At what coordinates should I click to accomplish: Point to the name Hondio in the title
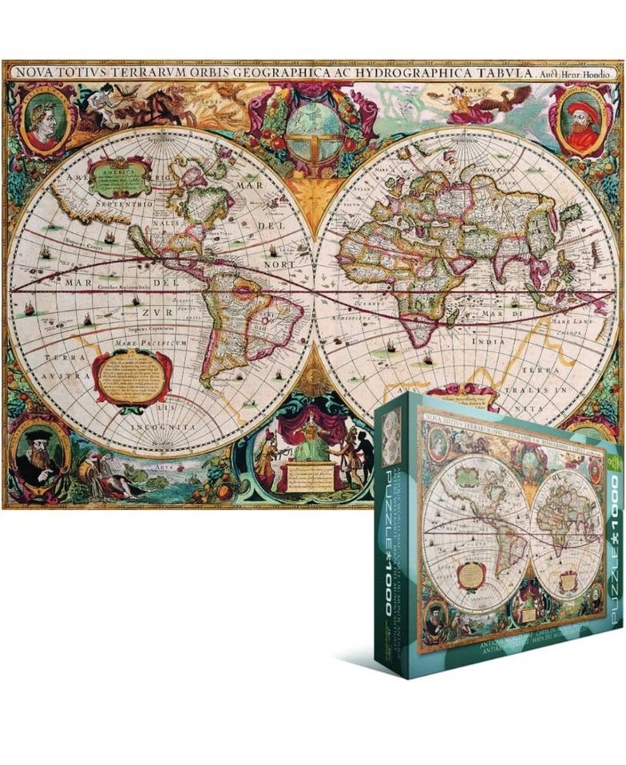(594, 73)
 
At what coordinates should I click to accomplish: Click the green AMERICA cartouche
(120, 179)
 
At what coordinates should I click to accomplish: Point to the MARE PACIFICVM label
(151, 344)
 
